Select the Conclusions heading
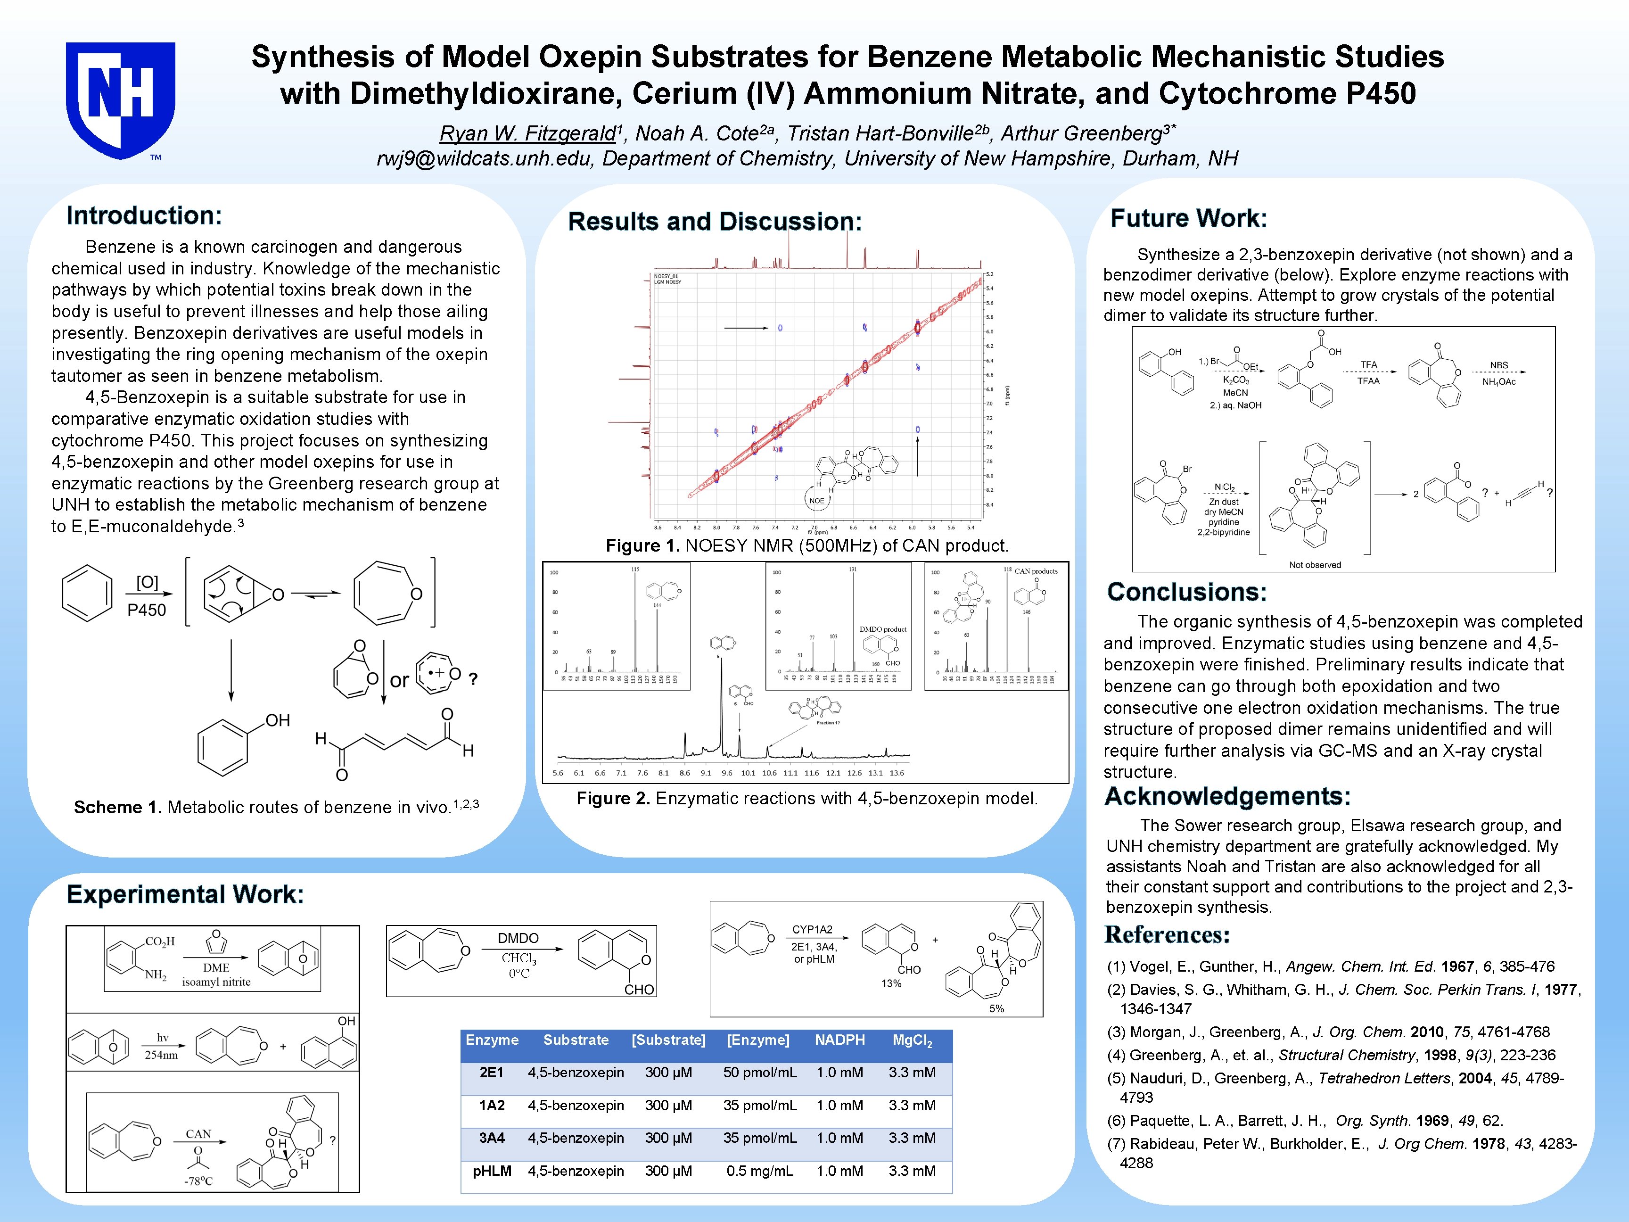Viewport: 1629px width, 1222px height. tap(1186, 592)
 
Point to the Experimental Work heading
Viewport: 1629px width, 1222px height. tap(185, 894)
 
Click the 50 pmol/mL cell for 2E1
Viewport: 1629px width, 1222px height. tap(759, 1073)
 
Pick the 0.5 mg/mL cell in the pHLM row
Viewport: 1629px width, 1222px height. tap(759, 1171)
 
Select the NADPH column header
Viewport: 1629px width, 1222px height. tap(839, 1040)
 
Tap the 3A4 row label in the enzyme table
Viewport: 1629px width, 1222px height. tap(492, 1138)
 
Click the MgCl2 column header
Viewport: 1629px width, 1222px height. tap(913, 1040)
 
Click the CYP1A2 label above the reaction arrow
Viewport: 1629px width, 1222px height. tap(812, 930)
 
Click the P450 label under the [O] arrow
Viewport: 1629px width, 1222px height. tap(147, 610)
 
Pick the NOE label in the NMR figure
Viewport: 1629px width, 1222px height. tap(817, 501)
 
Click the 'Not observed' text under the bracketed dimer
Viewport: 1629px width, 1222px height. tap(1315, 565)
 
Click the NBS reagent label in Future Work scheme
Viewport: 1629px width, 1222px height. tap(1498, 365)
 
